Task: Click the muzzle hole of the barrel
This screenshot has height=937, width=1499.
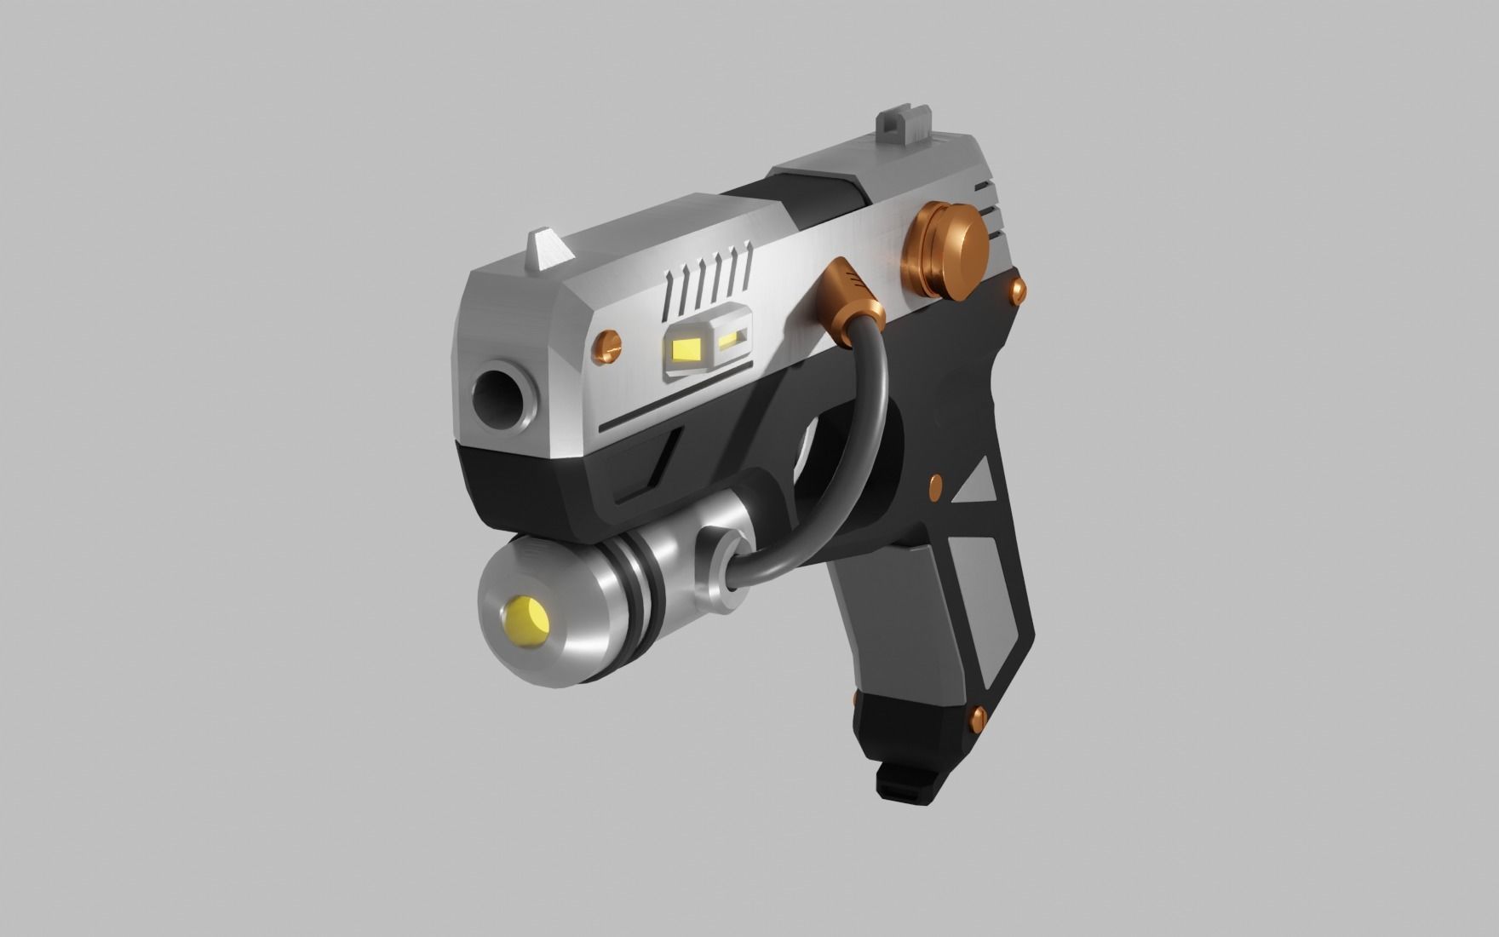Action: [497, 394]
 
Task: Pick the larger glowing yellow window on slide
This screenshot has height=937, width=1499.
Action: [686, 348]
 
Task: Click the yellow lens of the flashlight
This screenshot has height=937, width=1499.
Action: [527, 614]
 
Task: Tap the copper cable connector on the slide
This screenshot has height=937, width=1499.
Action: [849, 301]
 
